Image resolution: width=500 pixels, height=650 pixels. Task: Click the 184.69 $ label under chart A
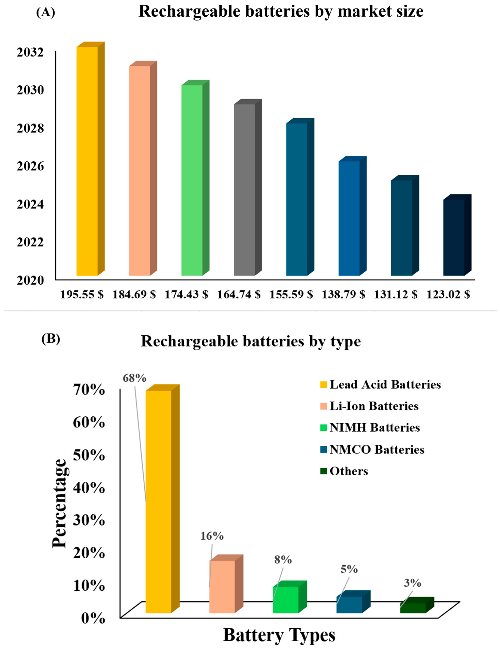(134, 295)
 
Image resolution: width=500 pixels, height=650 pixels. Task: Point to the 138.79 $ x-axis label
(343, 295)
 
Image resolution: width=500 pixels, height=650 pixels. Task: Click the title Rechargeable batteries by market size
(281, 12)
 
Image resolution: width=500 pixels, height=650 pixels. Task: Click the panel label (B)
(51, 339)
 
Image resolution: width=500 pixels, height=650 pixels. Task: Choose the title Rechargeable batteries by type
(251, 341)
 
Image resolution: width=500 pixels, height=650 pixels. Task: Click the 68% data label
(134, 378)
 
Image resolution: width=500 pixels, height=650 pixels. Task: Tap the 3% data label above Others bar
(412, 583)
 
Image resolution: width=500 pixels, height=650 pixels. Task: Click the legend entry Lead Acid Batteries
(381, 385)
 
